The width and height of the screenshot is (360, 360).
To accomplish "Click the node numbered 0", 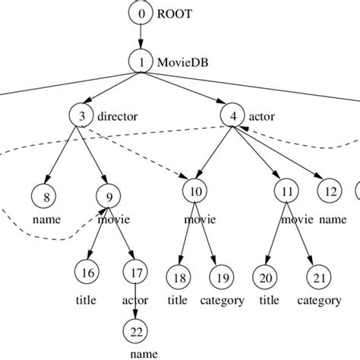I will pos(141,13).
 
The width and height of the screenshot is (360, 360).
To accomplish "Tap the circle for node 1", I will pos(141,61).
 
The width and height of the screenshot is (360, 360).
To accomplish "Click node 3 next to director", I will pos(81,116).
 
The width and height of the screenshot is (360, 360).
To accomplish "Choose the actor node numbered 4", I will pos(232,116).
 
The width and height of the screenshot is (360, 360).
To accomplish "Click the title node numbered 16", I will pos(86,270).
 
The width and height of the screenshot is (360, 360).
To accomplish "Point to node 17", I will pos(135,270).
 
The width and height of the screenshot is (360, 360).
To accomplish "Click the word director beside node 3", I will pos(115,117).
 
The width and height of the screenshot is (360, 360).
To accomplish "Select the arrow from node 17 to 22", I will pos(135,299).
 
